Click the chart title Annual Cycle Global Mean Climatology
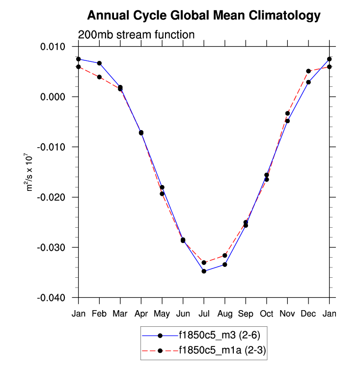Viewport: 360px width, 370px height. click(x=203, y=16)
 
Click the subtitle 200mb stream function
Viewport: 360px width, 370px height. click(x=137, y=35)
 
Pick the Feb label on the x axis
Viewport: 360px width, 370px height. click(x=99, y=314)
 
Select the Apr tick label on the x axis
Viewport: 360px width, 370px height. click(x=141, y=314)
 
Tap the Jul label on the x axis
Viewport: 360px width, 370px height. click(x=204, y=314)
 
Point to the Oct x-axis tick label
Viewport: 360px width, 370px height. click(x=267, y=314)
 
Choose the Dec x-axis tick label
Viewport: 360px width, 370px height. click(x=308, y=314)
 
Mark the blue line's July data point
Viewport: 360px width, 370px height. click(x=204, y=271)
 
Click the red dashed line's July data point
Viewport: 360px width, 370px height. click(x=204, y=263)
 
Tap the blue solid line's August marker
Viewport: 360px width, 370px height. click(x=225, y=264)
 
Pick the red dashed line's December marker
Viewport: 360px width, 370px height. click(x=308, y=71)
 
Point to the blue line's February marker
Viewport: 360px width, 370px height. click(x=99, y=63)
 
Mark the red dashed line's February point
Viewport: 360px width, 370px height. click(x=99, y=77)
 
